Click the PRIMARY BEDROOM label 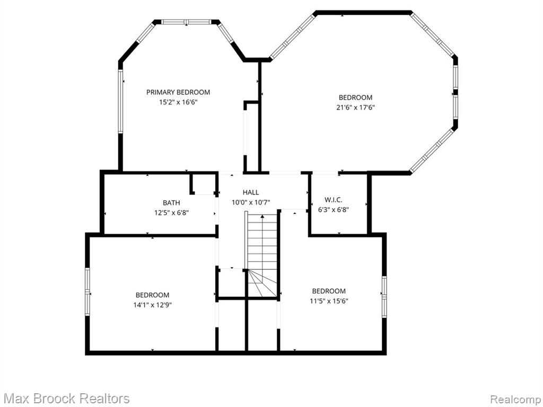[178, 92]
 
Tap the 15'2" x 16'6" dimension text [178, 102]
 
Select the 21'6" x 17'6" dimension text [356, 107]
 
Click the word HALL [251, 192]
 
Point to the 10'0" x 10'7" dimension [251, 202]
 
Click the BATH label [171, 203]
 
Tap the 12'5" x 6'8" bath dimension [171, 213]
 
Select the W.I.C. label [334, 200]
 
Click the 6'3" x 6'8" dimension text [334, 209]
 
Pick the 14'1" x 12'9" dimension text [153, 305]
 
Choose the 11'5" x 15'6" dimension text [329, 301]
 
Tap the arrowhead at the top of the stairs [262, 217]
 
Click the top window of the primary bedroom [186, 22]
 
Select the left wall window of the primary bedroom [120, 101]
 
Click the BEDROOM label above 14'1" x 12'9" [152, 295]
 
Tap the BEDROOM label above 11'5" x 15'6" [329, 291]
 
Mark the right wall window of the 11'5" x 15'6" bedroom [384, 296]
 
